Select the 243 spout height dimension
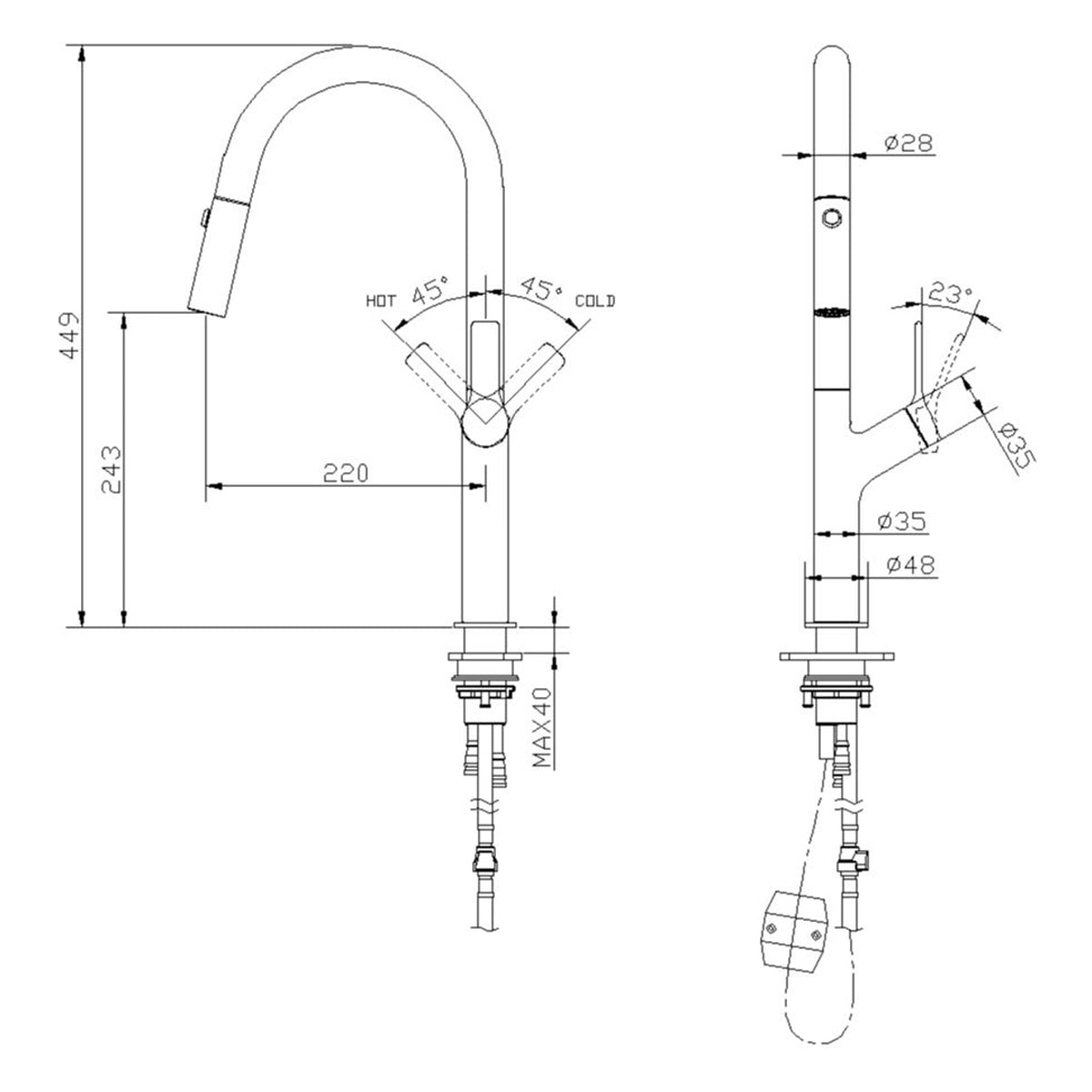click(111, 470)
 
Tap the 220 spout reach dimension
click(346, 472)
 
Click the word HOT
click(380, 299)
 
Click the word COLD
click(595, 300)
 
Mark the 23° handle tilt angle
click(950, 294)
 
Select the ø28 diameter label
click(907, 143)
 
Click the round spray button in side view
click(830, 217)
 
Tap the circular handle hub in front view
click(486, 423)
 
